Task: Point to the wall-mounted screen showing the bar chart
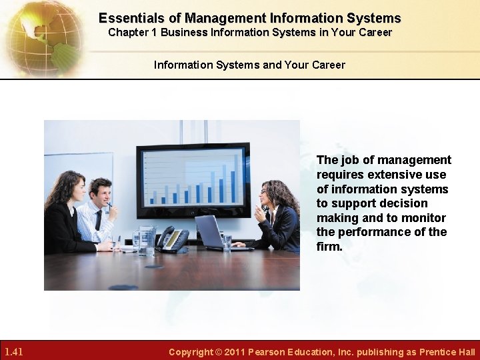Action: coord(193,180)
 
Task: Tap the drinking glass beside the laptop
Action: coord(227,243)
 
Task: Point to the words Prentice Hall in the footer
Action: coord(447,352)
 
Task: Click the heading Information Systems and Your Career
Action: coord(249,65)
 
